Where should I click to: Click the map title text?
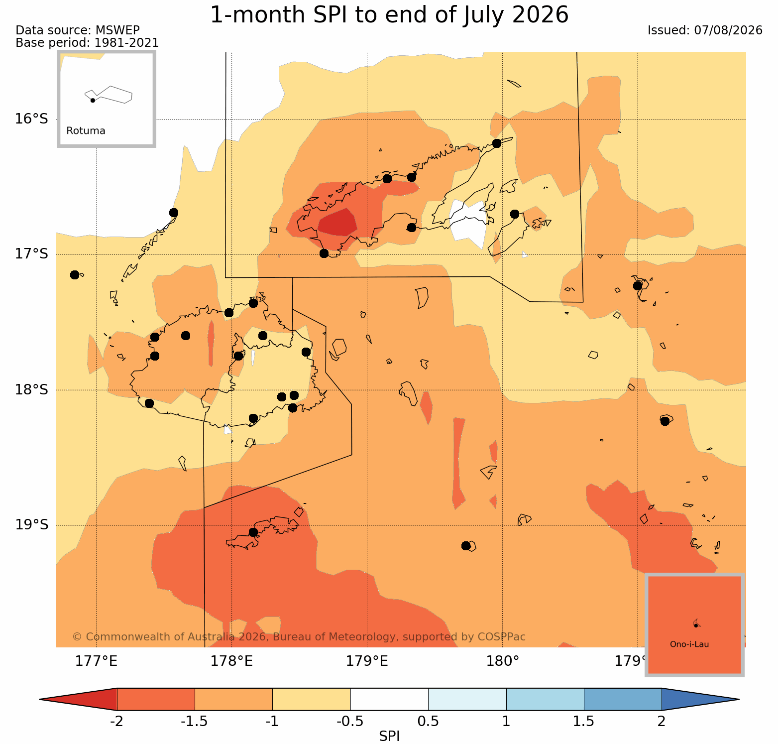point(389,15)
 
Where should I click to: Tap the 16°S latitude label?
point(31,119)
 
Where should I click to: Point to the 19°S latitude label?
point(31,525)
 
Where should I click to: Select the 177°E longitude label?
point(96,661)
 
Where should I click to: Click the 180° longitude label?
point(503,661)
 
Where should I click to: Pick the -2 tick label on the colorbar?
point(116,722)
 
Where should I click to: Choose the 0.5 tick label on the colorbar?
point(428,722)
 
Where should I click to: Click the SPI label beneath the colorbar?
point(389,736)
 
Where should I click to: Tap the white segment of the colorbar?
point(389,699)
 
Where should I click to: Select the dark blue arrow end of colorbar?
point(697,699)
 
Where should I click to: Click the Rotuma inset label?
point(86,131)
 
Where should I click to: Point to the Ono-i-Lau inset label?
point(689,644)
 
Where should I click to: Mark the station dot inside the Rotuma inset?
point(93,100)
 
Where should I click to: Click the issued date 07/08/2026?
point(728,30)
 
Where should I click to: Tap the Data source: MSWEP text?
point(78,30)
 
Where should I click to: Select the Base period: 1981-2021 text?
point(87,43)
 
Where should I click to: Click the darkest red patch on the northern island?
point(337,222)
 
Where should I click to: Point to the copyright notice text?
point(299,637)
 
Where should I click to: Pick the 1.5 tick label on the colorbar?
point(584,722)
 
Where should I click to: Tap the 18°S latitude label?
point(31,389)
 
